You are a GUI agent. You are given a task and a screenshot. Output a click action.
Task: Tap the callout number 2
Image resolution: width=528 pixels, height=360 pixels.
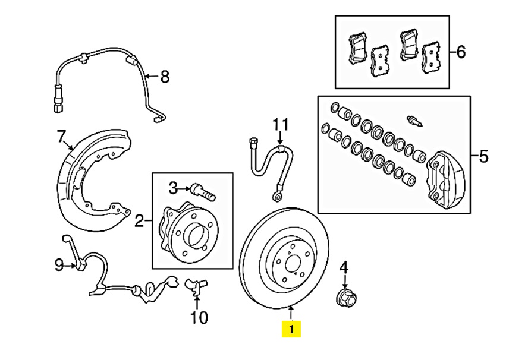point(140,222)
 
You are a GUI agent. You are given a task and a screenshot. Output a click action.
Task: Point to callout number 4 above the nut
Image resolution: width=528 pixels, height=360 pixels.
point(343,268)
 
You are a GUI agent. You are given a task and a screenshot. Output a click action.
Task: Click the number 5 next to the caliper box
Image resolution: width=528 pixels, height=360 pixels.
point(483,157)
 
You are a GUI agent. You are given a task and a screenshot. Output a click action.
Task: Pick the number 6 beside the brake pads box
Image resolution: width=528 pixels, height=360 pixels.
point(461,52)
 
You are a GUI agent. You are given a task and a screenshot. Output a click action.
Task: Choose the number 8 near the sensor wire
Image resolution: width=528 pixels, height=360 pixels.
point(165,76)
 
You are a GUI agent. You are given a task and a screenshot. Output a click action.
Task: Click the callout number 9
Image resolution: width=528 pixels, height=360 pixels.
point(59,265)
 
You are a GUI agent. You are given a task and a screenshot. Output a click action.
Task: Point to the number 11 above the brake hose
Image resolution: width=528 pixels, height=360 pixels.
point(280,125)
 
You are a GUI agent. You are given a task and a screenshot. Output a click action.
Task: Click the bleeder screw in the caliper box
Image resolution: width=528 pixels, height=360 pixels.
point(415,121)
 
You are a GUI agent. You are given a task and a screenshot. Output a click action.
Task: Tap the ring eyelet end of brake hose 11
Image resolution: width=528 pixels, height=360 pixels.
point(277,194)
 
